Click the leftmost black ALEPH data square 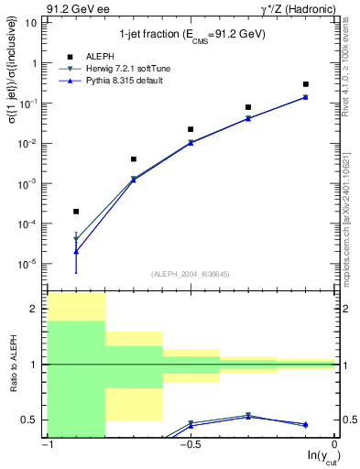click(x=76, y=212)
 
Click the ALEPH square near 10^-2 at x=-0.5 click(x=191, y=129)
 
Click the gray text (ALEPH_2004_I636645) click(x=190, y=274)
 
